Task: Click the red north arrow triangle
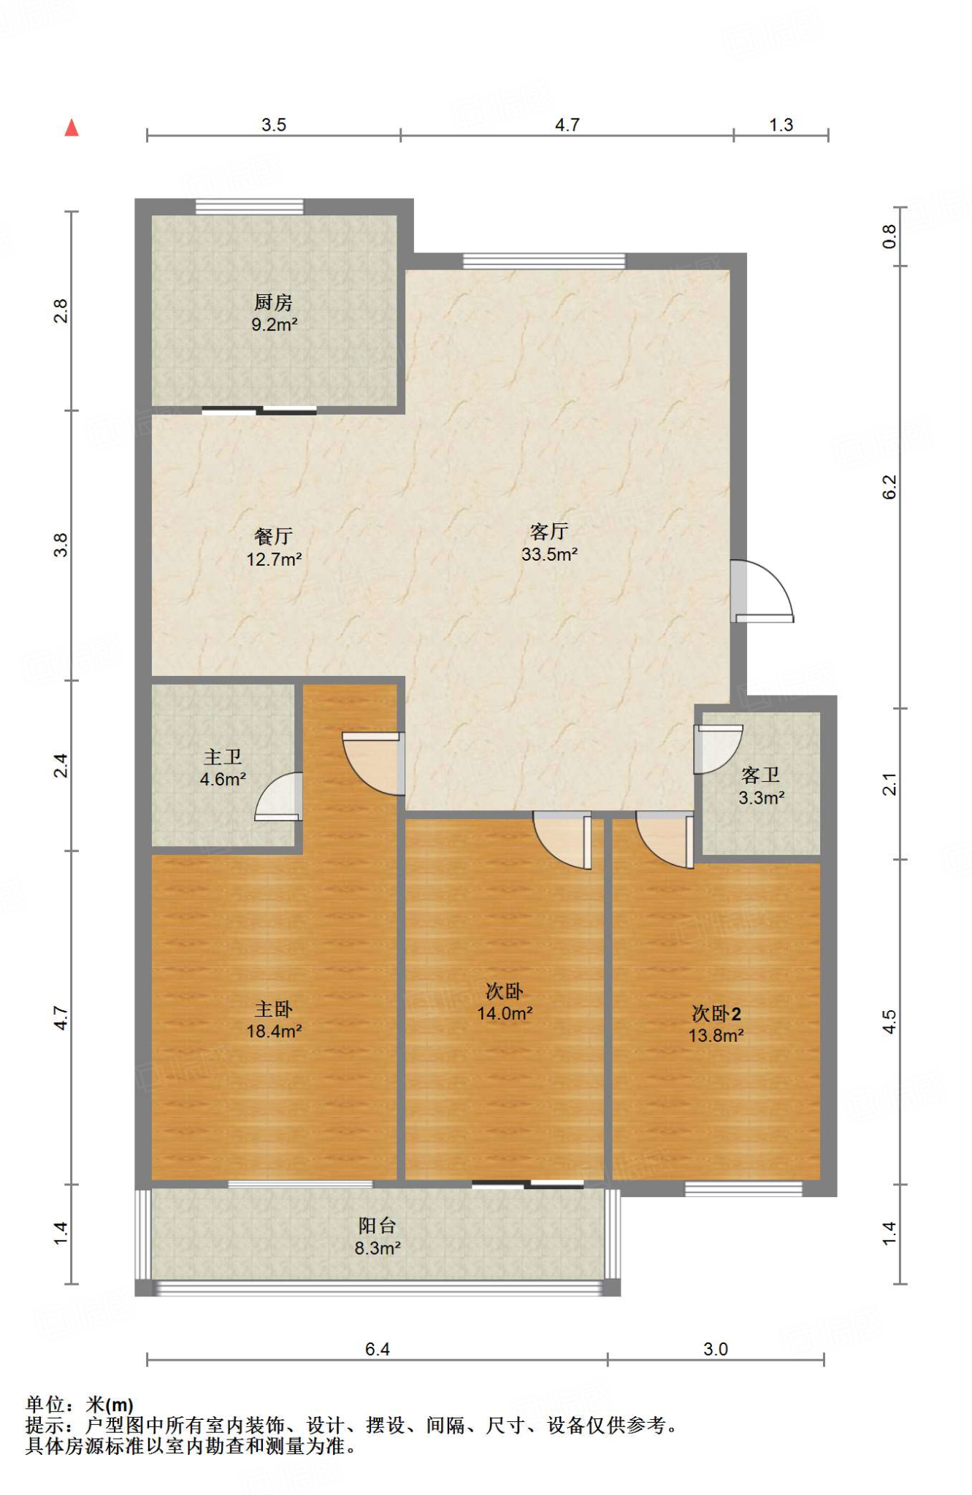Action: click(72, 128)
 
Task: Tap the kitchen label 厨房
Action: click(273, 302)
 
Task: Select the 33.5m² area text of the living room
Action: click(549, 554)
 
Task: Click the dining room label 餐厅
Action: click(273, 537)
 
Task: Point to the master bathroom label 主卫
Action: click(223, 757)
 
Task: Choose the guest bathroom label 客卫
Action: click(761, 775)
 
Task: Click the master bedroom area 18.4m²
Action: click(274, 1031)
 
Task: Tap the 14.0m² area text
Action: click(505, 1013)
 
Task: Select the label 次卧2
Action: click(716, 1013)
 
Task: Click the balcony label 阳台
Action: click(377, 1226)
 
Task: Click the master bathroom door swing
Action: click(279, 796)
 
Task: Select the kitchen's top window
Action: click(249, 206)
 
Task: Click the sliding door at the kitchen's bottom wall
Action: click(259, 410)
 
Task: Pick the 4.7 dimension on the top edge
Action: click(567, 125)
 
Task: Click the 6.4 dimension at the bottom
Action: click(378, 1349)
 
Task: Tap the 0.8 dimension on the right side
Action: click(889, 237)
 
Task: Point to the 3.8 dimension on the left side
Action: click(61, 545)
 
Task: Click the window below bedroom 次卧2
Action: click(743, 1189)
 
